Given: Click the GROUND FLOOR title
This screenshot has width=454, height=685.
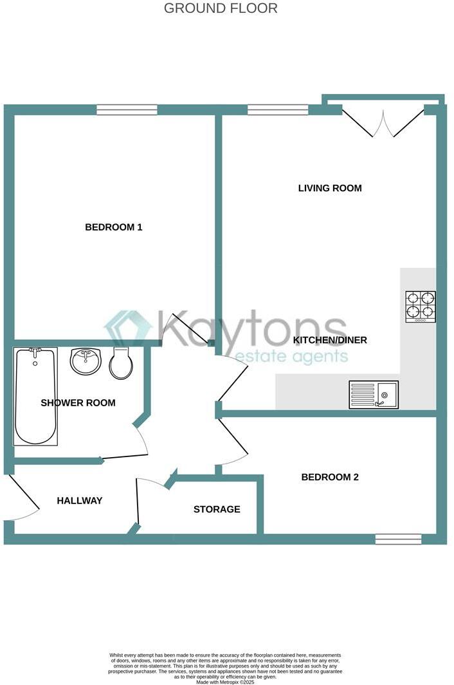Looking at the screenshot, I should [x=221, y=8].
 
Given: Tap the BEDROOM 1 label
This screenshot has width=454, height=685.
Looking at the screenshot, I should [x=114, y=227].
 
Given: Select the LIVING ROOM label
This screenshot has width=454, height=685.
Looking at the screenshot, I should [x=330, y=188].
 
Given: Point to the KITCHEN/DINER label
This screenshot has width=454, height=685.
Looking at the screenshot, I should [x=330, y=339].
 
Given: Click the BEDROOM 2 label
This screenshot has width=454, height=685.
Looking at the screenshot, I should [x=330, y=477].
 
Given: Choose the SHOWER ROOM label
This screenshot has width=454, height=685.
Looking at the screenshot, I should [x=78, y=402].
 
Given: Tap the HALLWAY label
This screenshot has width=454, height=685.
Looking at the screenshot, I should [x=80, y=500].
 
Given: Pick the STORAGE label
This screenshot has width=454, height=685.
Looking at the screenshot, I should [x=217, y=509].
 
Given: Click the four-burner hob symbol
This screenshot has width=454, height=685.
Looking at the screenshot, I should [x=421, y=306].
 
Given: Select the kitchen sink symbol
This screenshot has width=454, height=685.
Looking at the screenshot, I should [x=374, y=394].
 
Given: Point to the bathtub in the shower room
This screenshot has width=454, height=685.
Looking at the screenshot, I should [x=35, y=396].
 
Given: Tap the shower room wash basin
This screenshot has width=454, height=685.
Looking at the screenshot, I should [x=86, y=361].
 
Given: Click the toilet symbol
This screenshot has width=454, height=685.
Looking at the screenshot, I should [x=121, y=363].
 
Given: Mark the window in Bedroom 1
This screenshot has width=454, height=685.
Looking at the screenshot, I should [x=127, y=110].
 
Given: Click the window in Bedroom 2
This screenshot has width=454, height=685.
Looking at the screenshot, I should [x=398, y=539].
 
